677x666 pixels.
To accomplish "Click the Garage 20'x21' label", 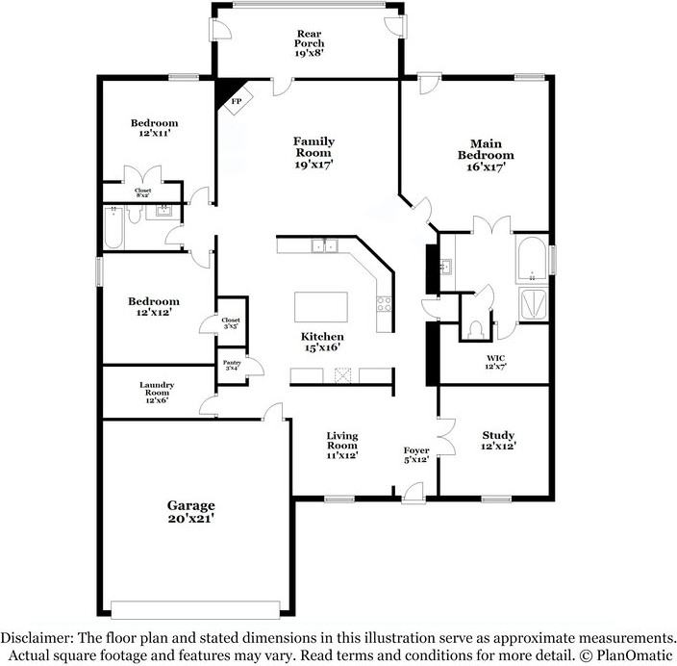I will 190,511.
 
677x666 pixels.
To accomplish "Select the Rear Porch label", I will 309,43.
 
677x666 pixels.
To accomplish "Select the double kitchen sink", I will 324,246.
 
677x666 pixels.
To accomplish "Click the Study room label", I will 497,440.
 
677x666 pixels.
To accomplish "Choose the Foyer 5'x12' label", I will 416,455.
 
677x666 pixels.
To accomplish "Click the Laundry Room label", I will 156,392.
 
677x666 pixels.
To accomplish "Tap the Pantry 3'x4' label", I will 231,365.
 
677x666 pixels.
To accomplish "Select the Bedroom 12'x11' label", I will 154,128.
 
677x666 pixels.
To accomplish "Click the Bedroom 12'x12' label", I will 154,306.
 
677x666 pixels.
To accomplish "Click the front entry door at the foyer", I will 414,494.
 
